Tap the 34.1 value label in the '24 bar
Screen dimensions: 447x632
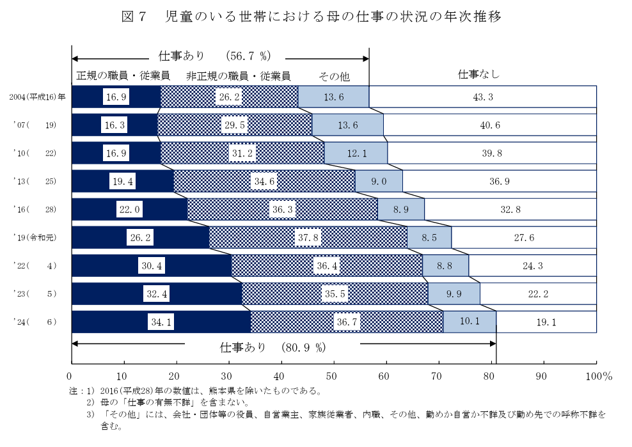point(156,322)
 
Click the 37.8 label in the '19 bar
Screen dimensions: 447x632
point(308,237)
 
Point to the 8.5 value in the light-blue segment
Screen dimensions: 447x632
point(429,237)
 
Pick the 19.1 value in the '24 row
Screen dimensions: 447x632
point(546,322)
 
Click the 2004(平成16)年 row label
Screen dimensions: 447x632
point(38,97)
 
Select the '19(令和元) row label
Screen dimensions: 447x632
point(37,238)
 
